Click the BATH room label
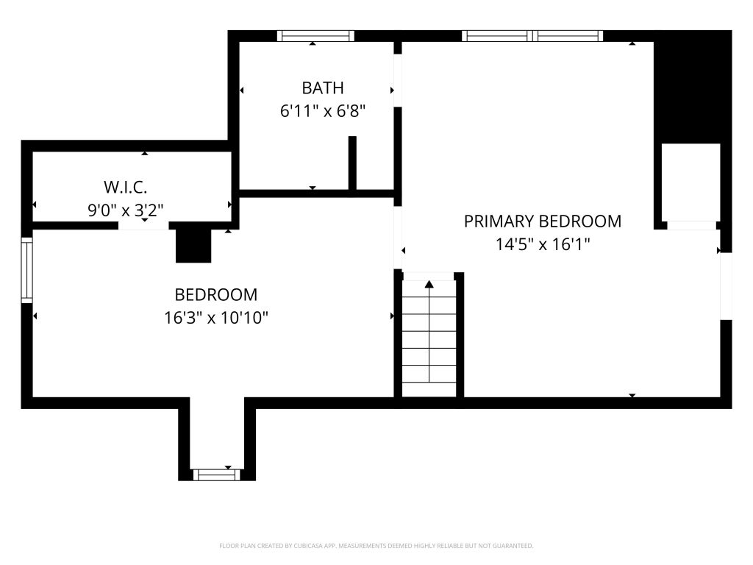click(323, 88)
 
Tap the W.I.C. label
click(125, 186)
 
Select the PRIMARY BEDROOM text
click(543, 221)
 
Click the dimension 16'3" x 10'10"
click(216, 318)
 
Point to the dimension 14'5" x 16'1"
click(543, 244)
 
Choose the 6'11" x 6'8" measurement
click(323, 112)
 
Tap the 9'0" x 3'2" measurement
click(125, 210)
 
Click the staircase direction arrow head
click(429, 285)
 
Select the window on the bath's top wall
click(315, 36)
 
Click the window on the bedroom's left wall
click(27, 270)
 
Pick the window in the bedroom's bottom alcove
click(217, 475)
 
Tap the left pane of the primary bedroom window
click(497, 36)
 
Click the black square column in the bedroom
click(193, 246)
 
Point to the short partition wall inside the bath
click(352, 163)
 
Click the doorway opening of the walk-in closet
click(143, 226)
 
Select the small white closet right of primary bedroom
click(691, 182)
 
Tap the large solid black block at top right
click(693, 87)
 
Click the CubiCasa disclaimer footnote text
click(376, 546)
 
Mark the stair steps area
click(429, 338)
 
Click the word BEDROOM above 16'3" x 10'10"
click(216, 294)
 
